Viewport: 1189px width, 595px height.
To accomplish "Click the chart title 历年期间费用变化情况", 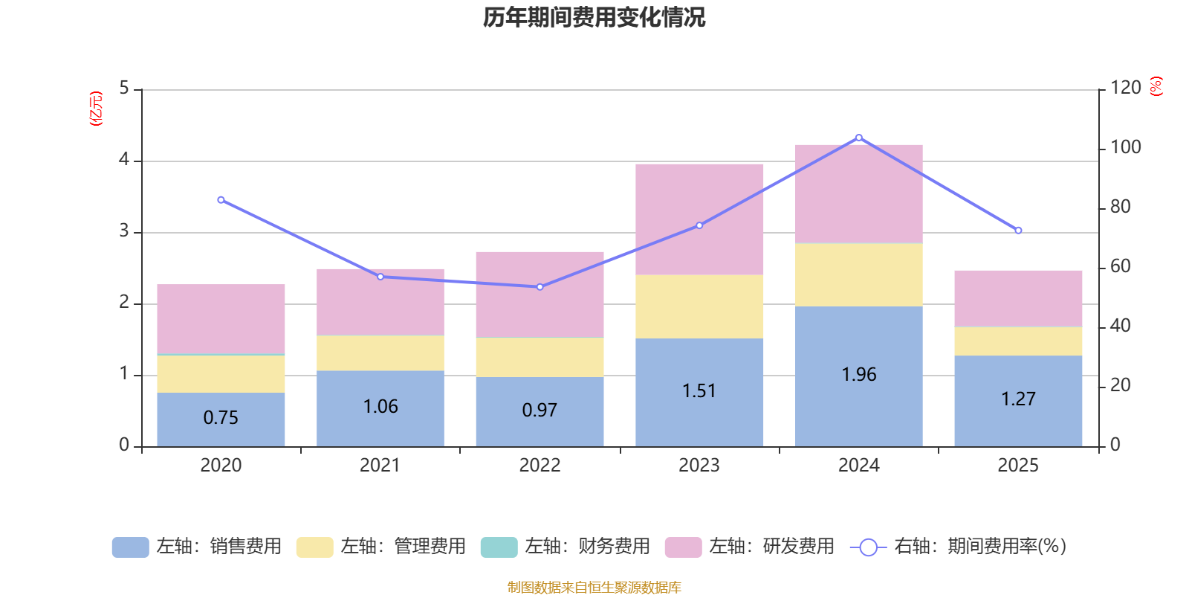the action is click(x=594, y=18).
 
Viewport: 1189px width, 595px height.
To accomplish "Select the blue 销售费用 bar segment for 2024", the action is click(x=858, y=376).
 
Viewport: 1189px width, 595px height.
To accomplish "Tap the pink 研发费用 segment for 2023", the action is click(x=699, y=219).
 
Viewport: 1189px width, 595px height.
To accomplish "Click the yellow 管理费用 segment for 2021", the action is click(x=380, y=353).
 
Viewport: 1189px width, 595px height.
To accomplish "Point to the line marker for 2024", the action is click(x=859, y=138).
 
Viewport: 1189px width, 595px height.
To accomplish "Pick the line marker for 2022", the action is click(x=540, y=287).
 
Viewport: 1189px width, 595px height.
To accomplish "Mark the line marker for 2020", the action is click(x=221, y=200).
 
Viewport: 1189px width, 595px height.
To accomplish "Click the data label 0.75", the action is click(x=221, y=417).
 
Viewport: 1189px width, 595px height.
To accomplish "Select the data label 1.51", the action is click(x=699, y=391).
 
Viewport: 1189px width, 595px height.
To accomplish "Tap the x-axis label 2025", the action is click(x=1018, y=466).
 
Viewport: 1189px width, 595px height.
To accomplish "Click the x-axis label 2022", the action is click(x=540, y=466).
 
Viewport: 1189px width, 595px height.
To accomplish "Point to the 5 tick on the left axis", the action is click(x=124, y=88).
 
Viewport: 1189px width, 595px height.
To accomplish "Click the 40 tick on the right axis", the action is click(x=1121, y=326).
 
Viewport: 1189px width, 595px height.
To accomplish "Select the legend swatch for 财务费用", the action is click(x=499, y=547).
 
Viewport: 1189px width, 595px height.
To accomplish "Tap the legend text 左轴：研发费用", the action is click(x=772, y=547).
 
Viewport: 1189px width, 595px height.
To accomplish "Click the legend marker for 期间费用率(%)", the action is click(x=869, y=547).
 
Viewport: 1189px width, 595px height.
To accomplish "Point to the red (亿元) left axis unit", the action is click(x=96, y=109).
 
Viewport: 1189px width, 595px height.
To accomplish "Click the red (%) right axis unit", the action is click(x=1156, y=86).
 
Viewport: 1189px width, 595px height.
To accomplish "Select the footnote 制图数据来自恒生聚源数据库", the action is click(x=594, y=587).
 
